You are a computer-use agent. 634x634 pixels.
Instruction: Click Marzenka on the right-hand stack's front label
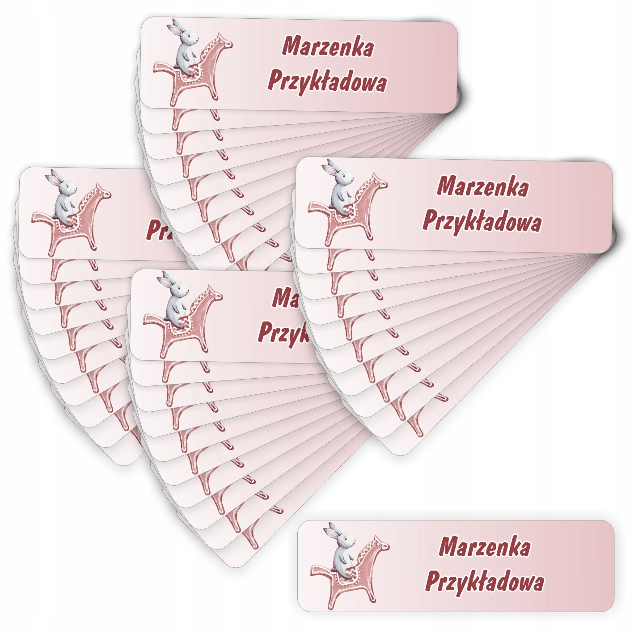[x=482, y=187]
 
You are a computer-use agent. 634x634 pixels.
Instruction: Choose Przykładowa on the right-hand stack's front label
[x=482, y=222]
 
